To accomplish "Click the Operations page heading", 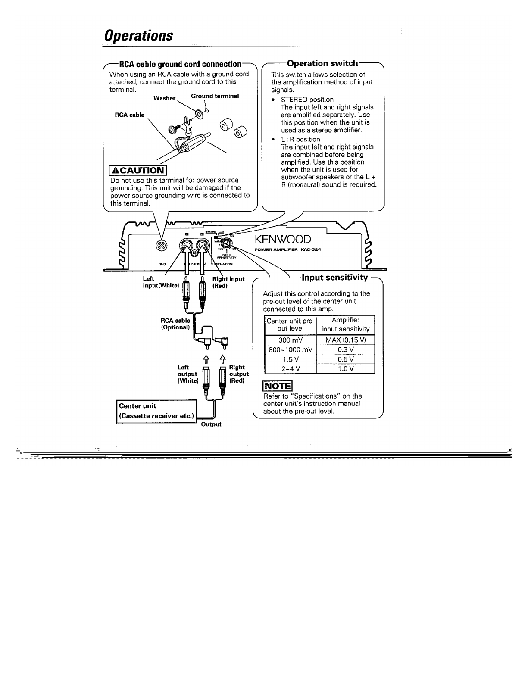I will pyautogui.click(x=138, y=35).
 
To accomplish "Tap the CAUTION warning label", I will pyautogui.click(x=138, y=171).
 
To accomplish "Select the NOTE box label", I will pyautogui.click(x=278, y=386).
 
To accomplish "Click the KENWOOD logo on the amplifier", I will pyautogui.click(x=282, y=240).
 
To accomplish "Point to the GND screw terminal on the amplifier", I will pyautogui.click(x=159, y=246).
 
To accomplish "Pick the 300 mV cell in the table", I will pyautogui.click(x=291, y=340).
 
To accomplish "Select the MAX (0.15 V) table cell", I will pyautogui.click(x=346, y=340).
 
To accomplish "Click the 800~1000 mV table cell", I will pyautogui.click(x=291, y=349).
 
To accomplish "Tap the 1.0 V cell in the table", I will pyautogui.click(x=346, y=368).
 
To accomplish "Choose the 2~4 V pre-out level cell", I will pyautogui.click(x=291, y=368).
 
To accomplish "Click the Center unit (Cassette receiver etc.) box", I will pyautogui.click(x=156, y=411).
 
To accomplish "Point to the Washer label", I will pyautogui.click(x=164, y=98).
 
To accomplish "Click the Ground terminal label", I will pyautogui.click(x=215, y=96).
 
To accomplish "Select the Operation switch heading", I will pyautogui.click(x=322, y=63).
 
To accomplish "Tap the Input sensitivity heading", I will pyautogui.click(x=335, y=277).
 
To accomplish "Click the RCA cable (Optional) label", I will pyautogui.click(x=175, y=324).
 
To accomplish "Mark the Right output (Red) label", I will pyautogui.click(x=237, y=374).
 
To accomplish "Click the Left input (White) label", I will pyautogui.click(x=160, y=282).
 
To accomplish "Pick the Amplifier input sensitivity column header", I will pyautogui.click(x=346, y=324).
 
